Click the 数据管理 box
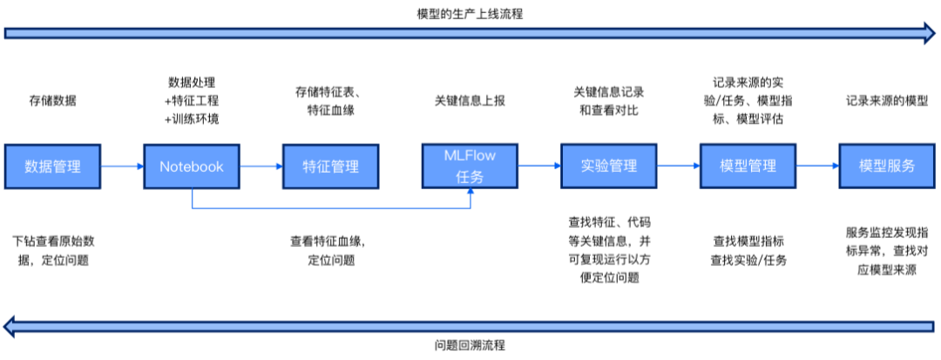click(x=52, y=166)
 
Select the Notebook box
click(x=191, y=166)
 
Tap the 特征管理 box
click(x=330, y=166)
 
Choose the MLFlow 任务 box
click(x=470, y=166)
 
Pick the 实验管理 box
click(x=609, y=166)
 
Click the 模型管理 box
click(x=748, y=166)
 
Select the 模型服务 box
click(x=887, y=166)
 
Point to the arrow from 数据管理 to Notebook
click(x=122, y=166)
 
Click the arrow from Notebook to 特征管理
click(x=261, y=166)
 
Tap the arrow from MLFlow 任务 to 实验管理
click(x=539, y=166)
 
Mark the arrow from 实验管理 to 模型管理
click(x=678, y=166)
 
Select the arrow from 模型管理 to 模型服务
click(x=817, y=166)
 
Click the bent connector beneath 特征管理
click(x=330, y=207)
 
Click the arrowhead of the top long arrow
click(x=929, y=33)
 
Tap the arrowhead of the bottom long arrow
click(x=10, y=327)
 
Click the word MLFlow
click(x=470, y=156)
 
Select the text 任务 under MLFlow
click(x=470, y=176)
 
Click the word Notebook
click(x=191, y=166)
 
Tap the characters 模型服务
click(x=887, y=166)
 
